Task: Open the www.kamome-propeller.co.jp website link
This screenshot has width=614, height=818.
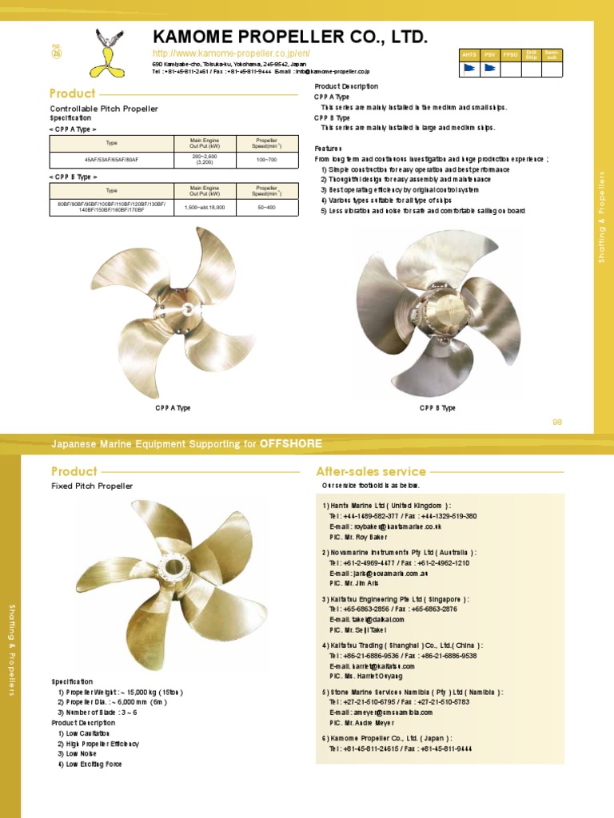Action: click(231, 54)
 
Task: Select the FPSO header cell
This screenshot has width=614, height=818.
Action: click(510, 54)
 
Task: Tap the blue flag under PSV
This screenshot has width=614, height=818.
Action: click(489, 69)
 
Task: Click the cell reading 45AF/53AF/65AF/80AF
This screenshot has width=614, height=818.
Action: click(112, 161)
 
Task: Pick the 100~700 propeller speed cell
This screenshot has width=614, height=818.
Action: click(265, 161)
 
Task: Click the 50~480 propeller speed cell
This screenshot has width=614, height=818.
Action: click(265, 208)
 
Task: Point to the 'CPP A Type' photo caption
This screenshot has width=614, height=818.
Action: click(173, 408)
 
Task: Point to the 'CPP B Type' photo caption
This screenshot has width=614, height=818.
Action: click(437, 408)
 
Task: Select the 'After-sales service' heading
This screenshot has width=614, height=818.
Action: click(371, 471)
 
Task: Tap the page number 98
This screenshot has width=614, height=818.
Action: click(557, 422)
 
